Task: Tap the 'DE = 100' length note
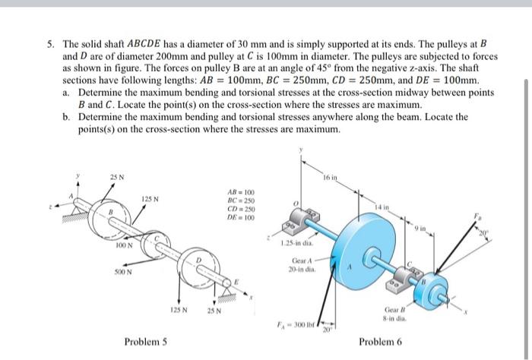click(241, 219)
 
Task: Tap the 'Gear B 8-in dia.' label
click(397, 314)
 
